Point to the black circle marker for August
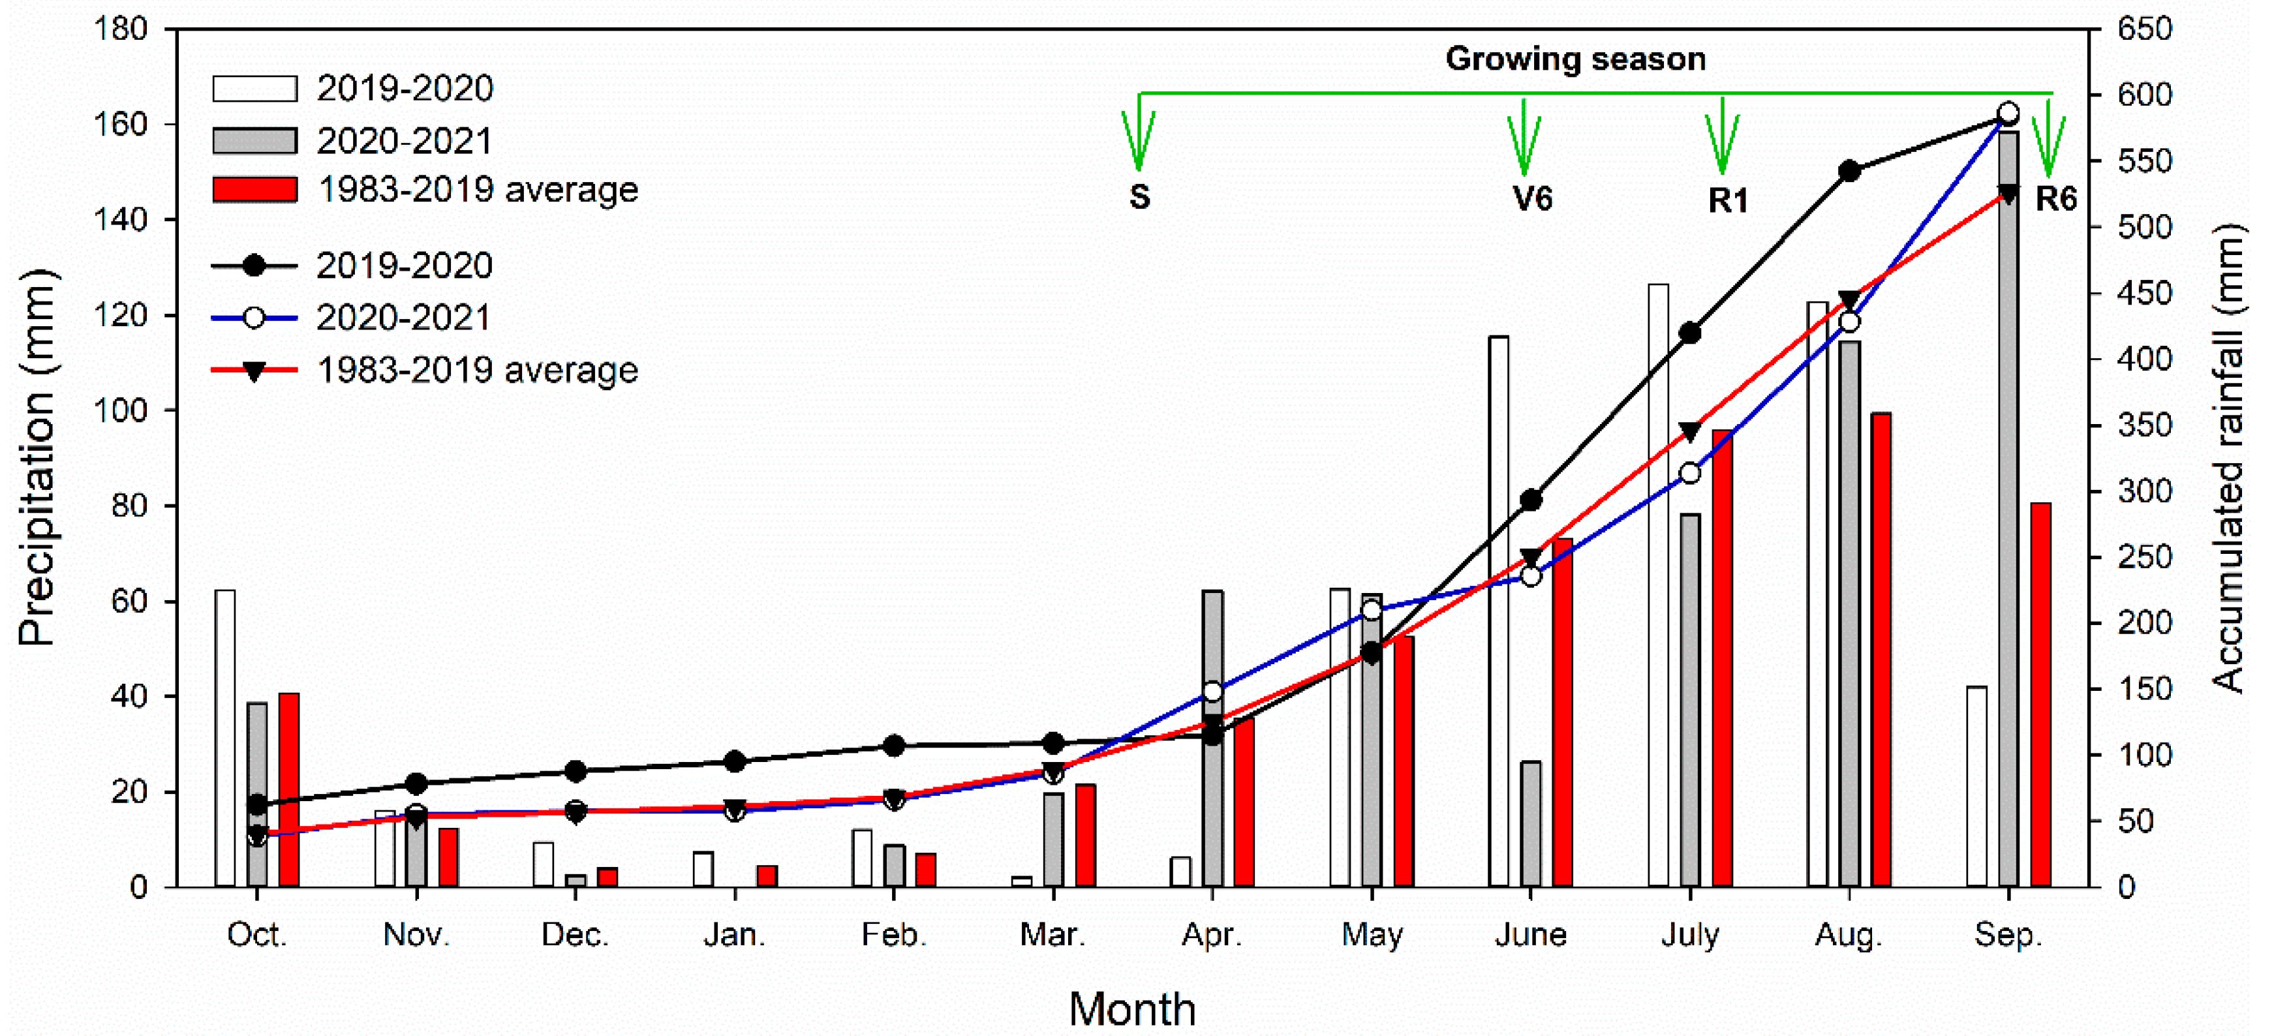pyautogui.click(x=1849, y=171)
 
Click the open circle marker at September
pyautogui.click(x=2008, y=113)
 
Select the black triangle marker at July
pyautogui.click(x=1689, y=431)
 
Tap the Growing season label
pyautogui.click(x=1575, y=59)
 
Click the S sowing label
pyautogui.click(x=1140, y=198)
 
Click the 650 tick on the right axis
pyautogui.click(x=2144, y=29)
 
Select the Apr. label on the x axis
pyautogui.click(x=1212, y=934)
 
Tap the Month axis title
pyautogui.click(x=1133, y=1009)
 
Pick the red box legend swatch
pyautogui.click(x=254, y=190)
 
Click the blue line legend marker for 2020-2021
pyautogui.click(x=254, y=318)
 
